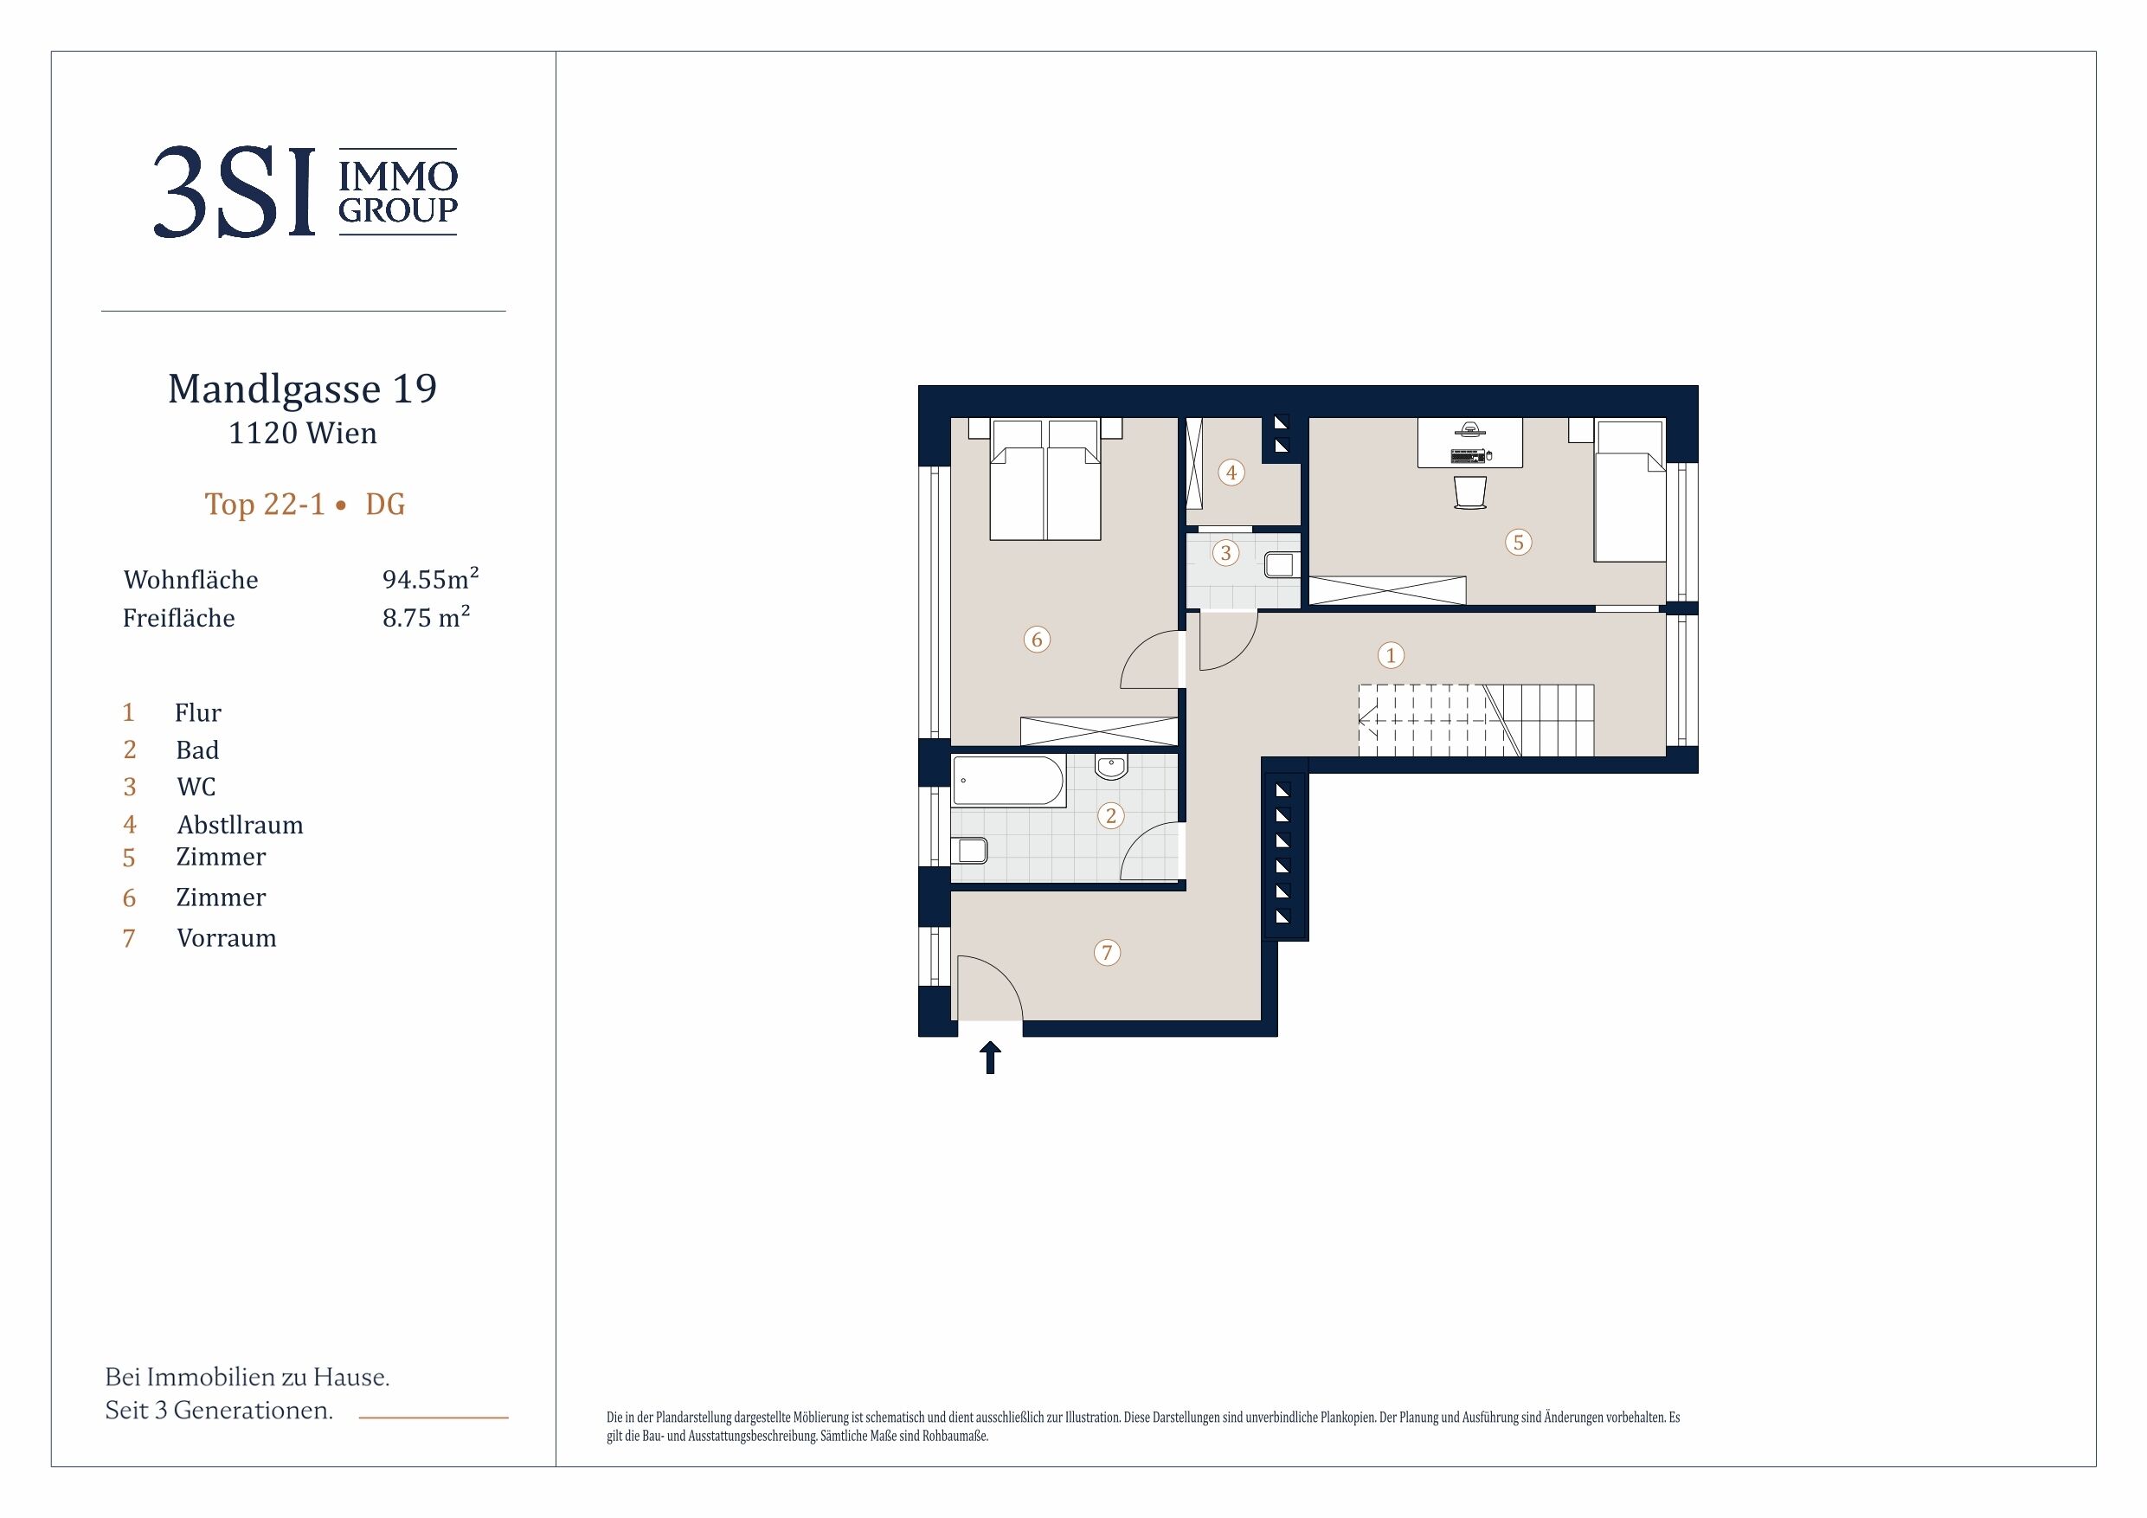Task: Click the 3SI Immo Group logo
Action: (305, 192)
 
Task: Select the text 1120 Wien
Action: (303, 433)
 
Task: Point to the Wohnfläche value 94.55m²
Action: (430, 578)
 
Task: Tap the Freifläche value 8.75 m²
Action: (427, 616)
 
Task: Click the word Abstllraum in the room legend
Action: (241, 825)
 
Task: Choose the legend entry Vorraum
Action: (226, 938)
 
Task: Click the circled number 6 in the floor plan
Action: (1036, 640)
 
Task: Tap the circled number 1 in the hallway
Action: (1391, 656)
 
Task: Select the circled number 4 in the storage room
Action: (1231, 473)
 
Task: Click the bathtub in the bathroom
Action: (1008, 781)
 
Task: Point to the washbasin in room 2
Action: (1111, 767)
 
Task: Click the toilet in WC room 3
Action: (1280, 564)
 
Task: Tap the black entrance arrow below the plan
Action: (989, 1058)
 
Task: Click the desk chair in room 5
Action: (1470, 492)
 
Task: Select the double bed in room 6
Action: (1045, 479)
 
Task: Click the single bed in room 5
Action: (1630, 490)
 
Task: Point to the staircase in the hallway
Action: (1475, 720)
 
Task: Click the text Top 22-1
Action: (265, 505)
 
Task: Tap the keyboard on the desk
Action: (1467, 456)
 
